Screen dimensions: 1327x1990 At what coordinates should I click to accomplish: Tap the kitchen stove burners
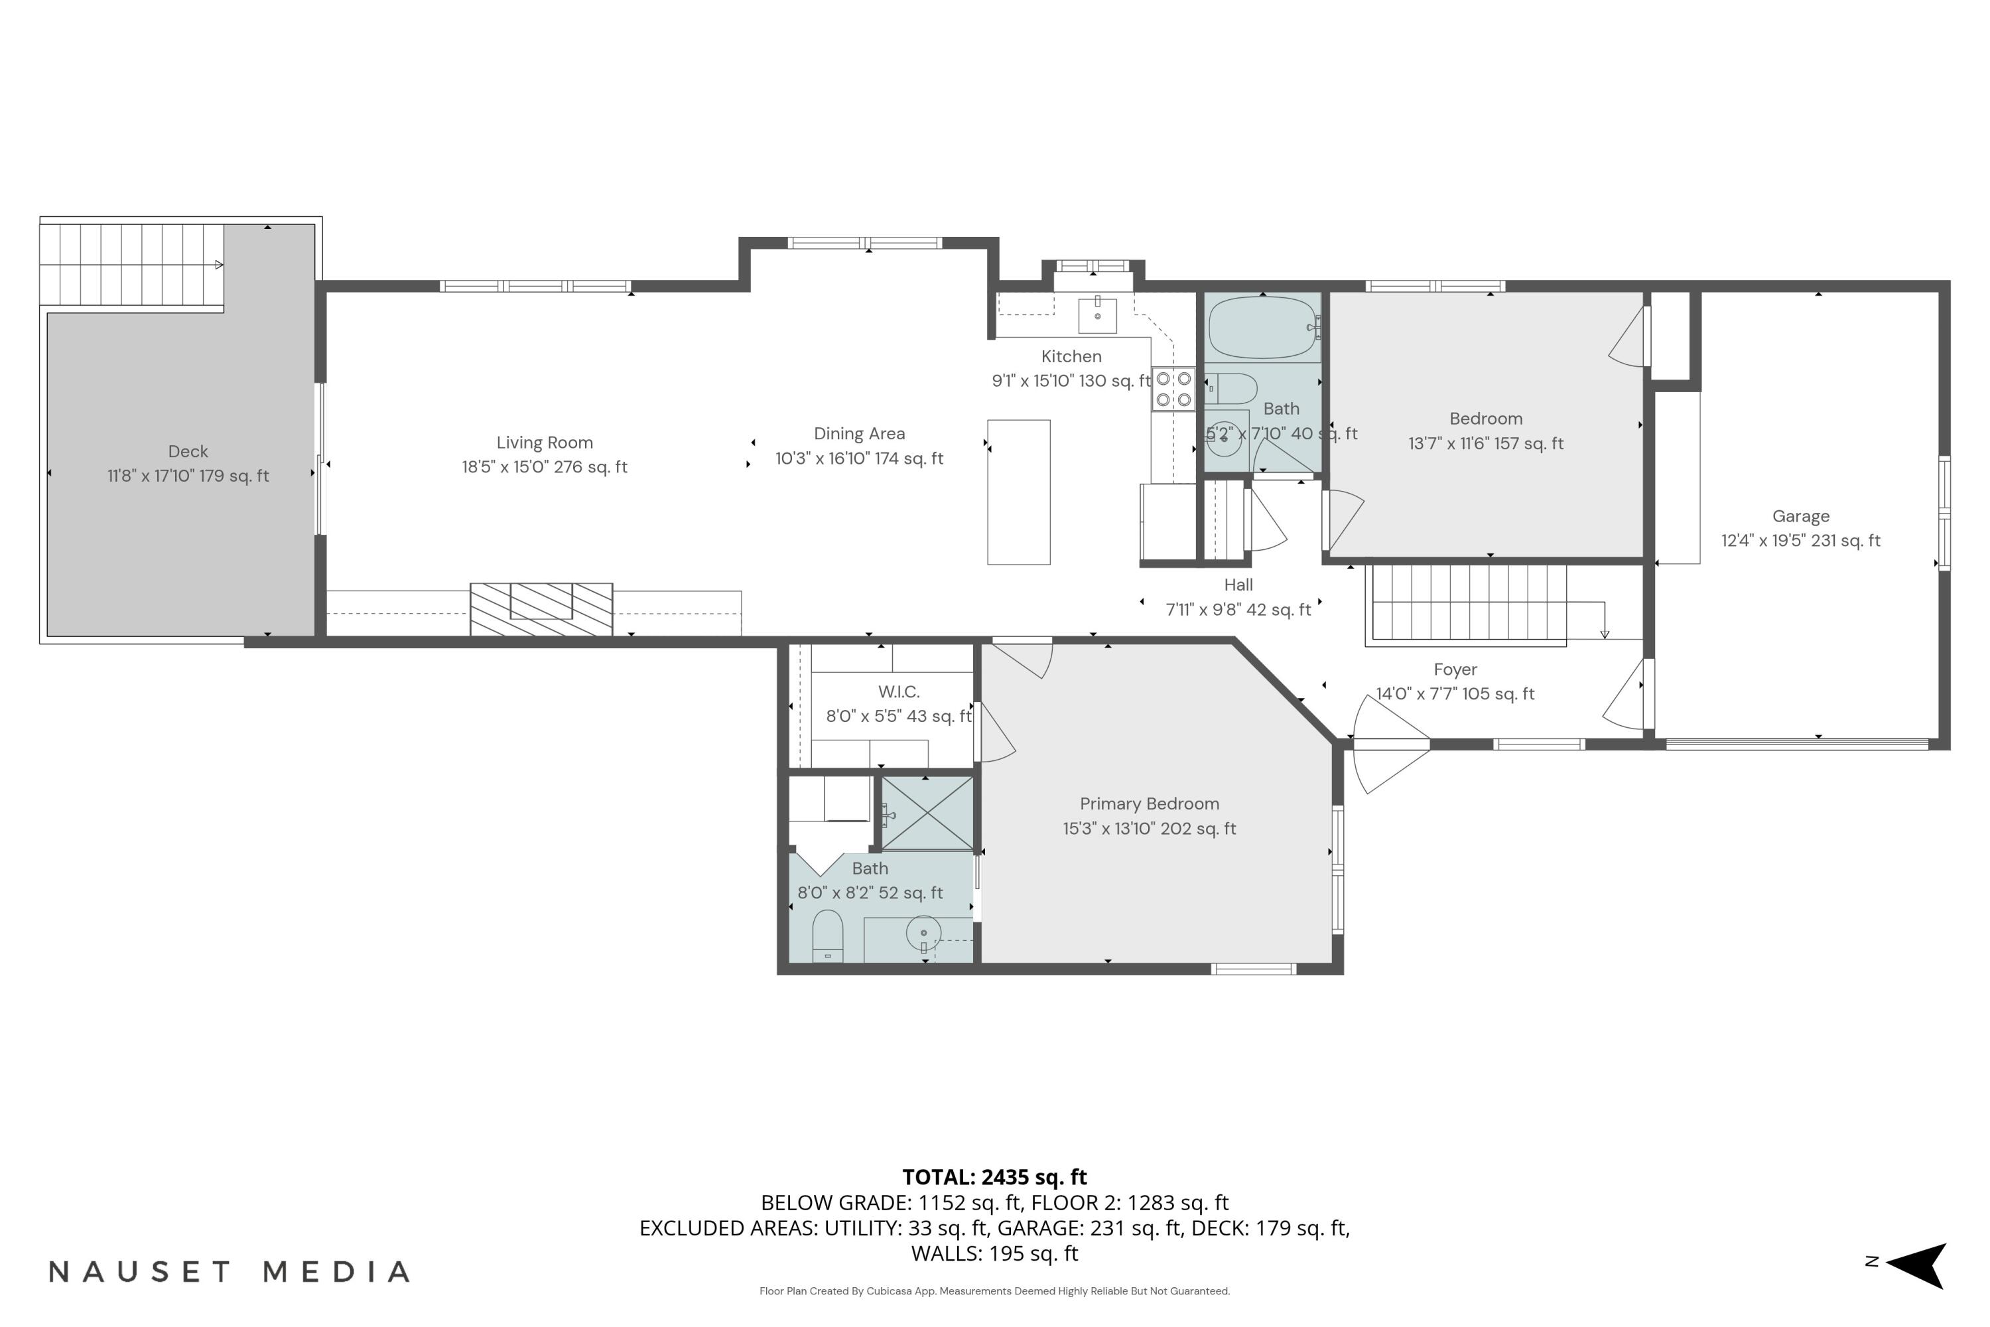tap(1173, 389)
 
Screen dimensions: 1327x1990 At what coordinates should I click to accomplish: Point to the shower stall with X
tap(927, 813)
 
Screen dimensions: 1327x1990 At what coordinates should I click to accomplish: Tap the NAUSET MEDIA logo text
tap(230, 1271)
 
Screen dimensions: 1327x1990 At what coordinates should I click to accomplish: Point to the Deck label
tap(188, 452)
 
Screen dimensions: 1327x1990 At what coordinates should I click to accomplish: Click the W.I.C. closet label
tap(899, 691)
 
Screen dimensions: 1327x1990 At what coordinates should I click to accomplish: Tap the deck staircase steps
tap(131, 264)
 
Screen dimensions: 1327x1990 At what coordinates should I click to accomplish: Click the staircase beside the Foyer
tap(1468, 602)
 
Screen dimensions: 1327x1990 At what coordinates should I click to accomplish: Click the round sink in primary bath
tap(923, 933)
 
